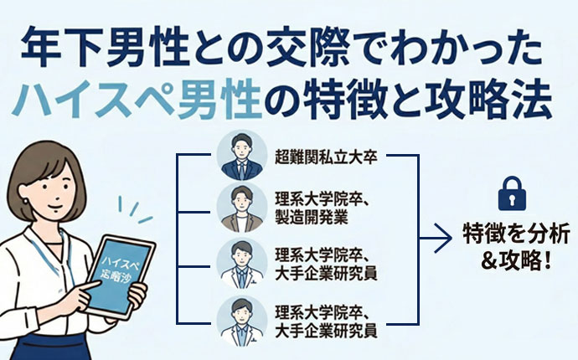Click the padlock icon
tap(510, 193)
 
